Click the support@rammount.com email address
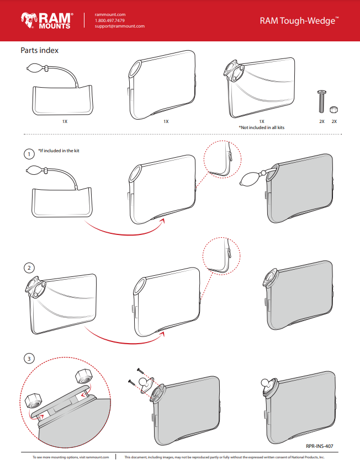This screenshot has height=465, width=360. pos(120,26)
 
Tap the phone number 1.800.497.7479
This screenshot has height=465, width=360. pos(110,20)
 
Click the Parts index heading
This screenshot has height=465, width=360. pos(40,51)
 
